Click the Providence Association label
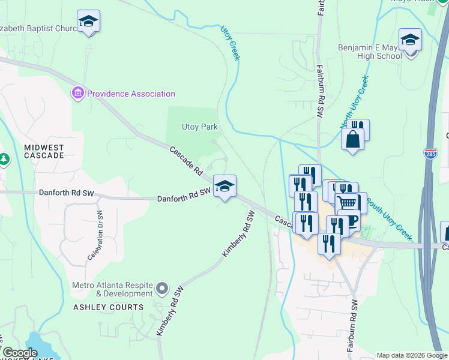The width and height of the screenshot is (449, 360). tap(131, 94)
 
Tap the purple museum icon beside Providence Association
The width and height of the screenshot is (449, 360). tap(77, 94)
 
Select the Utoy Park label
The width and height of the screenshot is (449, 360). tap(199, 127)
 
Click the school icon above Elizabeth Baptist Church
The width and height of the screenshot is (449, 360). tap(89, 22)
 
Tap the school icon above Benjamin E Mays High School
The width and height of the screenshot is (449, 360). tap(410, 40)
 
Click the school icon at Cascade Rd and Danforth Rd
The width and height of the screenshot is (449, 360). tap(224, 187)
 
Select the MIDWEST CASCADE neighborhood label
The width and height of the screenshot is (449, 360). tap(44, 151)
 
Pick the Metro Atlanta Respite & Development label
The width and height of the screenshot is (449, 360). tap(113, 289)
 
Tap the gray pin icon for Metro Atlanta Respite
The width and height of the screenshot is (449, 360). tap(161, 289)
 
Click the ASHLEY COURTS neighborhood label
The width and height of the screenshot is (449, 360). tap(109, 307)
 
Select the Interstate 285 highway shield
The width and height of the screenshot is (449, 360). tap(430, 154)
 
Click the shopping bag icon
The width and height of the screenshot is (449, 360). tap(352, 139)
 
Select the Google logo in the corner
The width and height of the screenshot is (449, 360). tap(19, 353)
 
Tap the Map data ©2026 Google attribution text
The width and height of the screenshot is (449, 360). tap(412, 355)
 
